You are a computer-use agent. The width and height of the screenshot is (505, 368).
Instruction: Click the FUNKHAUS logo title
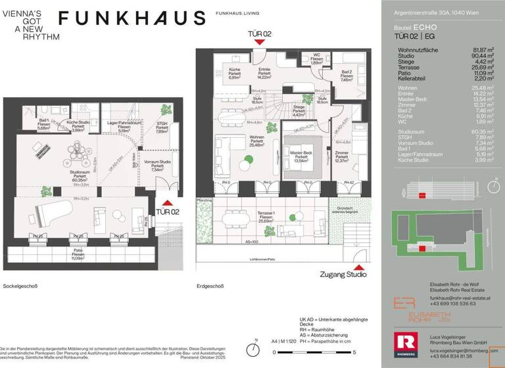pos(132,18)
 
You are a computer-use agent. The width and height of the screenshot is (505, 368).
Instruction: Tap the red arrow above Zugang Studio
pos(358,267)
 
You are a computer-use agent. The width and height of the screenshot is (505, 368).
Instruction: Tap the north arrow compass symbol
pos(254,349)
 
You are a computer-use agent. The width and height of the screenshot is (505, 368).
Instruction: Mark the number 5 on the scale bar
pos(337,352)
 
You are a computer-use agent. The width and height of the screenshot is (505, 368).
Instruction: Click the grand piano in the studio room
pos(42,218)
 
